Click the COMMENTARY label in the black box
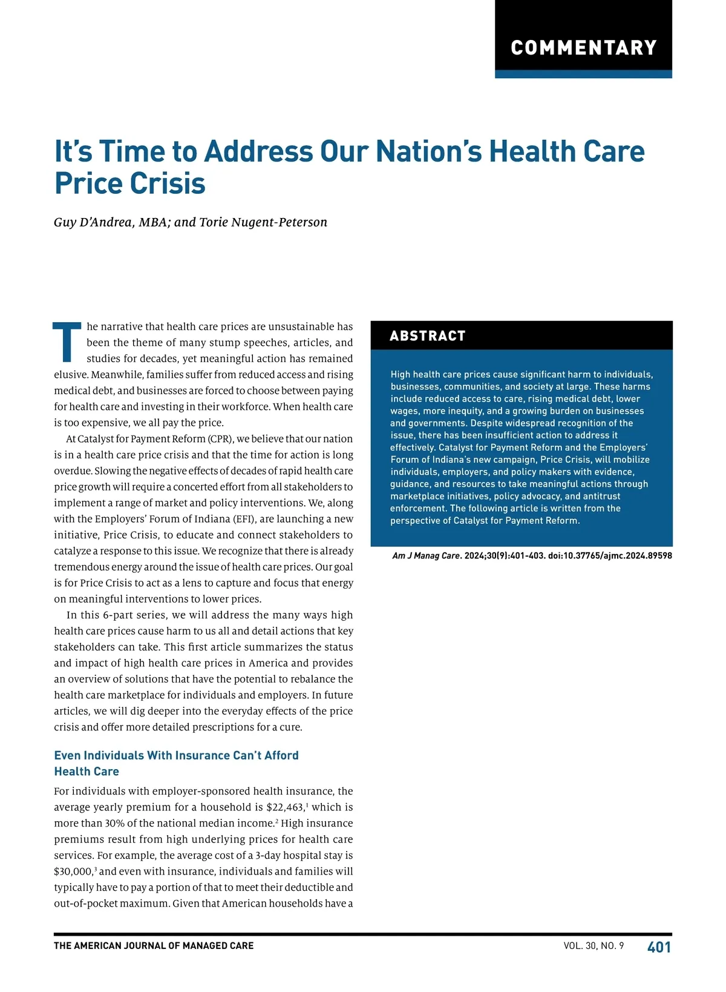point(583,48)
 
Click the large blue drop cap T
point(67,343)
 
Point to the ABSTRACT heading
point(428,336)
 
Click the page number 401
point(659,947)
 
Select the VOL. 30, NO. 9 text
point(594,946)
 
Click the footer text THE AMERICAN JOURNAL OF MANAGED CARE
point(154,946)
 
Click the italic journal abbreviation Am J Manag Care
point(427,556)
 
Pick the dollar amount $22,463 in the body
point(285,808)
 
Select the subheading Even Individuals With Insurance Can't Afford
point(176,756)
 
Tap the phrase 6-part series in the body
point(134,615)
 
